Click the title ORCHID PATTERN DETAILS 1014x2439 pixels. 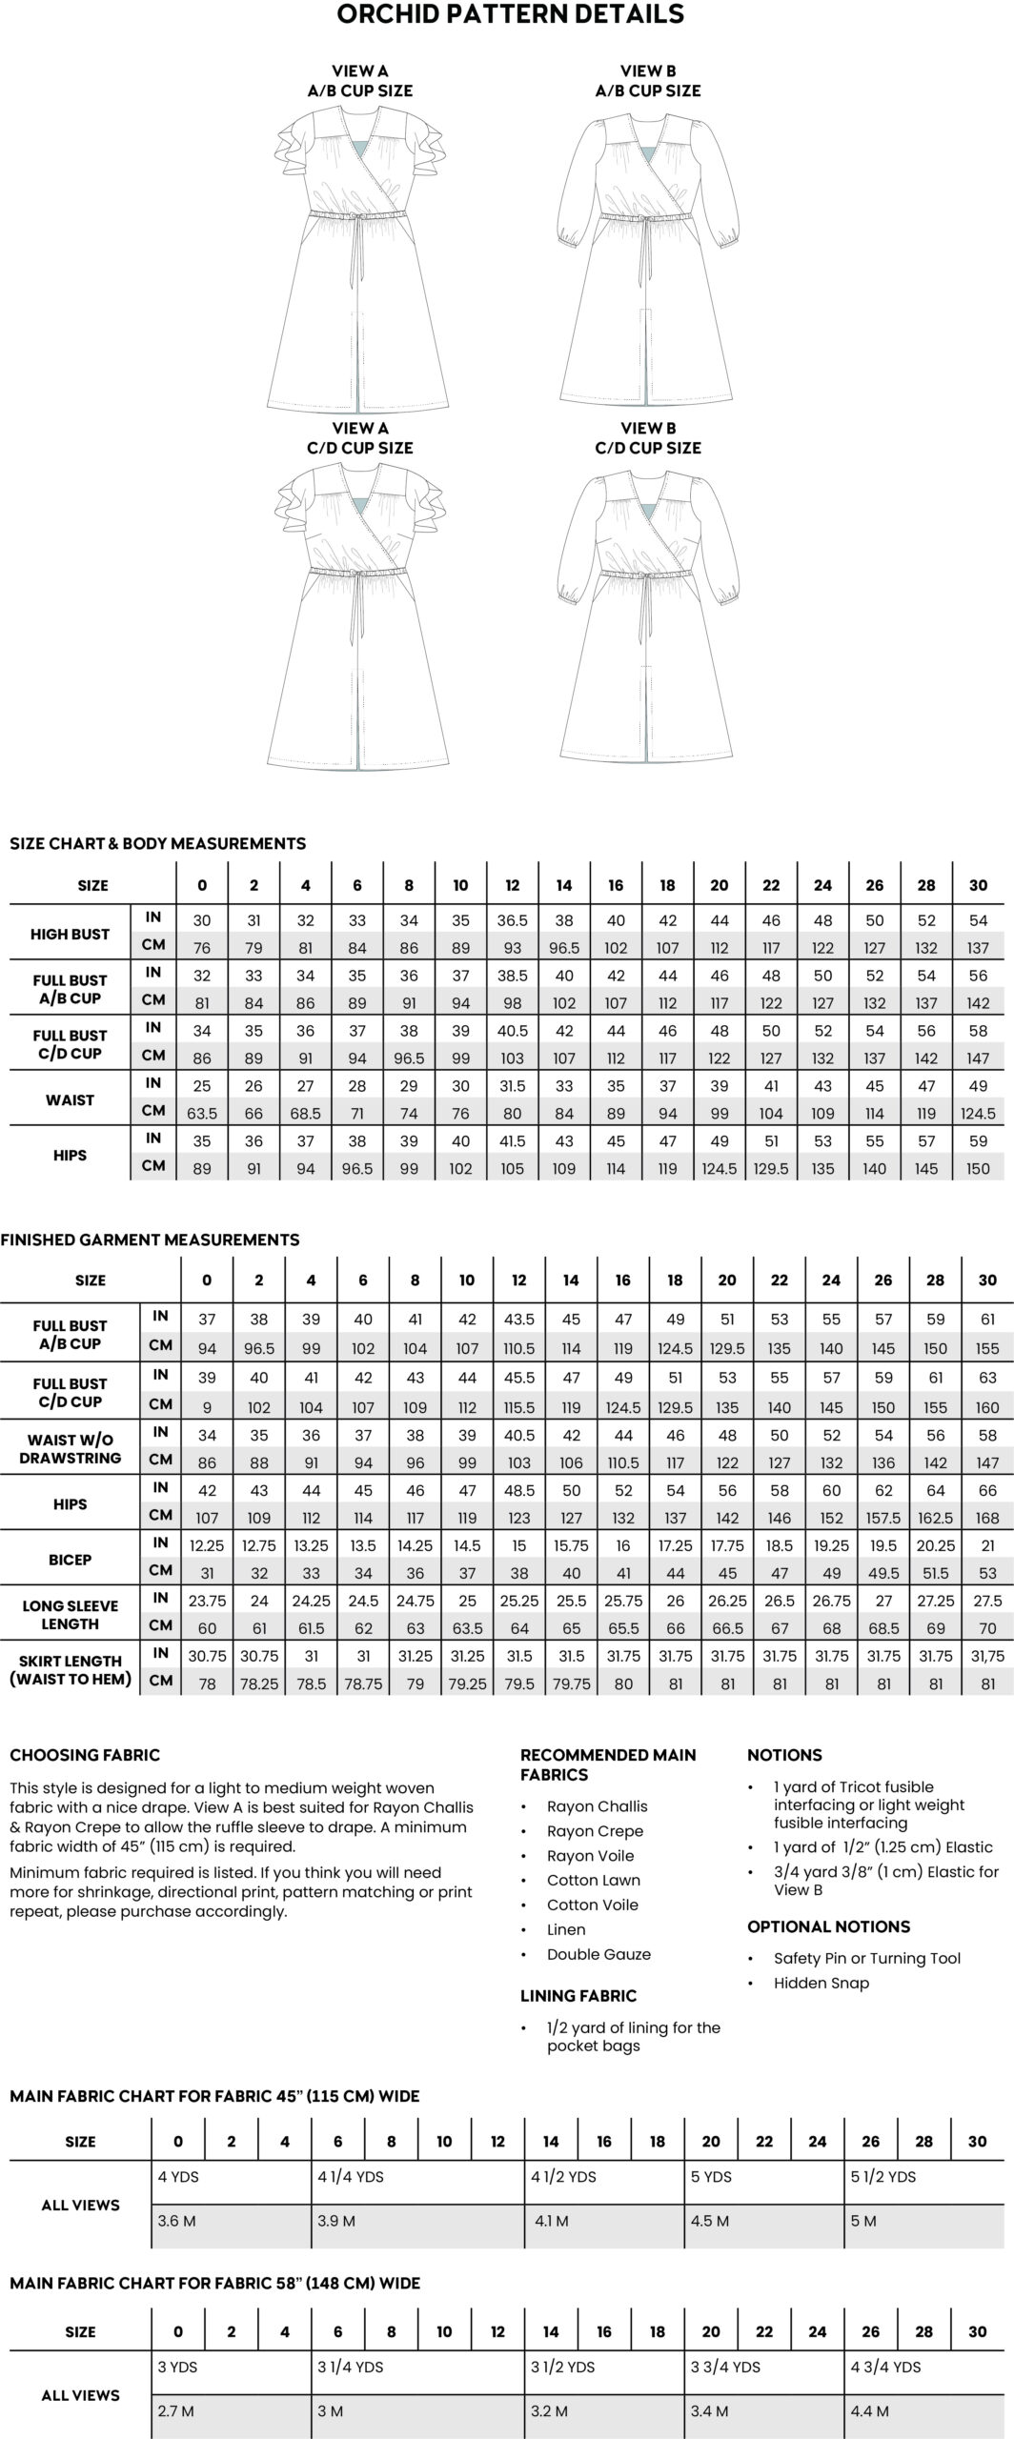click(x=510, y=14)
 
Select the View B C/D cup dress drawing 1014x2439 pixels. click(x=648, y=619)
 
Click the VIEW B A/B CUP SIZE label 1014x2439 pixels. click(x=648, y=81)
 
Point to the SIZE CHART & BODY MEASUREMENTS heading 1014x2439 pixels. click(x=157, y=843)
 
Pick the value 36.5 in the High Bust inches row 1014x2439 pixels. click(x=513, y=920)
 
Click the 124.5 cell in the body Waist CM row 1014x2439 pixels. click(x=978, y=1113)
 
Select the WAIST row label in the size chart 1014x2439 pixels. click(x=70, y=1099)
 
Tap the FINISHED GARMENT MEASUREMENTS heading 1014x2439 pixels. click(x=150, y=1240)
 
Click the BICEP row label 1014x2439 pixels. click(x=70, y=1560)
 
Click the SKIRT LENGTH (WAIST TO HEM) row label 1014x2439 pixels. click(x=70, y=1670)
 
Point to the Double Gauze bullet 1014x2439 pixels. click(x=598, y=1954)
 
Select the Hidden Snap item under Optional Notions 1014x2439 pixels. click(x=821, y=1983)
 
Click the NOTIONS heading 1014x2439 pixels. click(x=783, y=1755)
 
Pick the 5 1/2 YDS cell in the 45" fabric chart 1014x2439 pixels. click(x=883, y=2177)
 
